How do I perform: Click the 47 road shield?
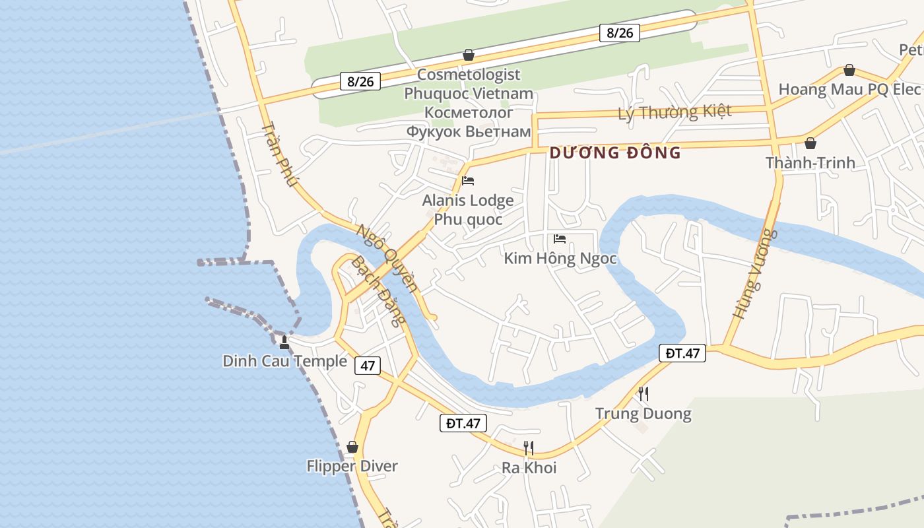coord(368,365)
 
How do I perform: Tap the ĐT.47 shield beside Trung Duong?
coord(682,353)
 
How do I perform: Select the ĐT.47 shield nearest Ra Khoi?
coord(463,423)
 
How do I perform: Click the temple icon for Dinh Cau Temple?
coord(284,342)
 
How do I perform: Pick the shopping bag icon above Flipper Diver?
coord(352,447)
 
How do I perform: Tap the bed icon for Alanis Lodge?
coord(468,180)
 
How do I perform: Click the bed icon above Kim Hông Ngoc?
coord(560,238)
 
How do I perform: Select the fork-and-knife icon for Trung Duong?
coord(643,394)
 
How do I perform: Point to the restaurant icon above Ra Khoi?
coord(529,448)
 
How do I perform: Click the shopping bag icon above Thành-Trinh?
coord(810,143)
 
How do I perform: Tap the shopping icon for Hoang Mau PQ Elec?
coord(849,70)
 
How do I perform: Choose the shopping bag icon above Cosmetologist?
coord(469,54)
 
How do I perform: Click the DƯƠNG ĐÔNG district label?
coord(615,153)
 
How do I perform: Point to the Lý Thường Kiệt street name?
coord(675,112)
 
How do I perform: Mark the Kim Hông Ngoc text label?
coord(560,258)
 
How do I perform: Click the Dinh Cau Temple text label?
coord(284,361)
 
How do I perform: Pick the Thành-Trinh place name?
coord(810,162)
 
